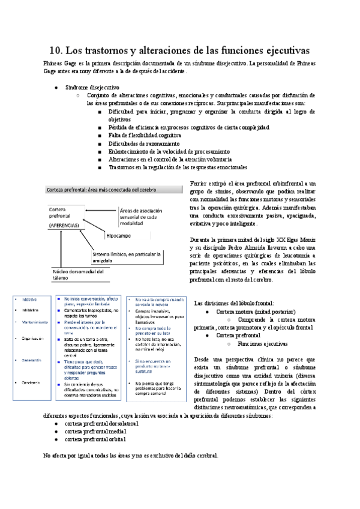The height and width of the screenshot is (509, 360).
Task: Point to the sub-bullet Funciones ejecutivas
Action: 262,345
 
